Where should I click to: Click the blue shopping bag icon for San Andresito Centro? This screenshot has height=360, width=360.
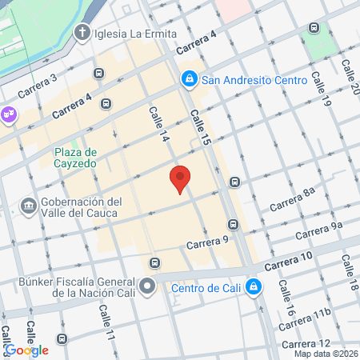[x=189, y=79]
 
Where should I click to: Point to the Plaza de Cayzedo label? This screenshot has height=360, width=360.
[x=76, y=158]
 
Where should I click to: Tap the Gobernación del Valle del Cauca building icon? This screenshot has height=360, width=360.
[x=30, y=206]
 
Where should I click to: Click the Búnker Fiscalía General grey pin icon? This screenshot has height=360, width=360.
[x=146, y=286]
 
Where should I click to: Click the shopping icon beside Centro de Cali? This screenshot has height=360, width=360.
[x=253, y=286]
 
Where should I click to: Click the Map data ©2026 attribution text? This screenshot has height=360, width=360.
[x=325, y=354]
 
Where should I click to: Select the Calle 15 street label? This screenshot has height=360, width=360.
[x=200, y=128]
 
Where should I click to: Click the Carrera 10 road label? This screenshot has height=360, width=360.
[x=286, y=262]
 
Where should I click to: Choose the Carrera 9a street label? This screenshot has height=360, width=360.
[x=318, y=230]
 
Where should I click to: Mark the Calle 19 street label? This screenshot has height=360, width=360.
[x=322, y=90]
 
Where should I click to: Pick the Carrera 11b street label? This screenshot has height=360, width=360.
[x=305, y=320]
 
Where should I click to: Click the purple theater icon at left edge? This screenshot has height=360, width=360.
[x=9, y=114]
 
